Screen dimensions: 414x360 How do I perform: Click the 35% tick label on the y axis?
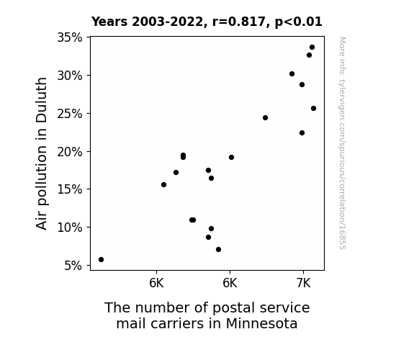pyautogui.click(x=70, y=37)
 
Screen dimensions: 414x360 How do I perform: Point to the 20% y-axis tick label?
pyautogui.click(x=70, y=152)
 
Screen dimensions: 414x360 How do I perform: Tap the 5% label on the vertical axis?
pyautogui.click(x=73, y=266)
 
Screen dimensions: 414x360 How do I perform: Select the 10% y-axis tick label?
pyautogui.click(x=70, y=228)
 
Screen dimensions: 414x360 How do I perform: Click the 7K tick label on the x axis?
pyautogui.click(x=303, y=284)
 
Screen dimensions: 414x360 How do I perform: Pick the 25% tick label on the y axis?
pyautogui.click(x=70, y=114)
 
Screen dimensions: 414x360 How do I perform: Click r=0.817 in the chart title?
pyautogui.click(x=239, y=22)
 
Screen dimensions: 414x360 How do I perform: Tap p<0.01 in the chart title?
pyautogui.click(x=299, y=22)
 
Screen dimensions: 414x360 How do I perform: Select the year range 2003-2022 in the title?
pyautogui.click(x=167, y=22)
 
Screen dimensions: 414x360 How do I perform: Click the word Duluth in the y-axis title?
pyautogui.click(x=41, y=100)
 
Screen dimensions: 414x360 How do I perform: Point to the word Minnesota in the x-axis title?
pyautogui.click(x=261, y=323)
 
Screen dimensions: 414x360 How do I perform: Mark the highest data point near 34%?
pyautogui.click(x=312, y=48)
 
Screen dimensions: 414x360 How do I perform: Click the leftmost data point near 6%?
pyautogui.click(x=101, y=260)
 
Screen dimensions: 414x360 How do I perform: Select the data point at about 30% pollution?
pyautogui.click(x=292, y=74)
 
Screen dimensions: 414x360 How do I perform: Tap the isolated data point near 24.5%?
pyautogui.click(x=266, y=118)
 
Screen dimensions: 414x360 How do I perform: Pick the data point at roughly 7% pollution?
pyautogui.click(x=218, y=250)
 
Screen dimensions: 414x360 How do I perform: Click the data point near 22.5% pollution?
pyautogui.click(x=302, y=133)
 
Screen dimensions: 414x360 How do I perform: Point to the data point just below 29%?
pyautogui.click(x=302, y=85)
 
